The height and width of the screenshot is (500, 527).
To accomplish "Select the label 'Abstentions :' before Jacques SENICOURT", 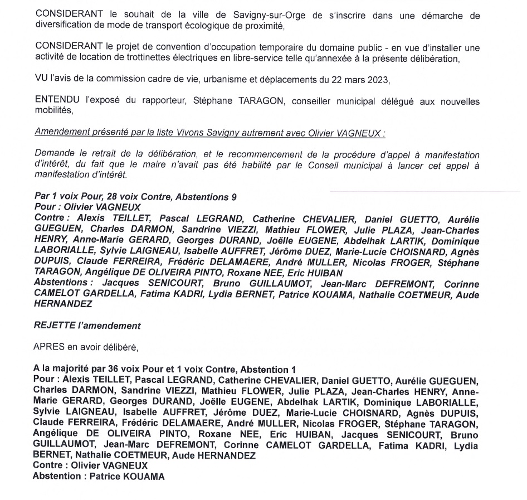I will tap(62, 283).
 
